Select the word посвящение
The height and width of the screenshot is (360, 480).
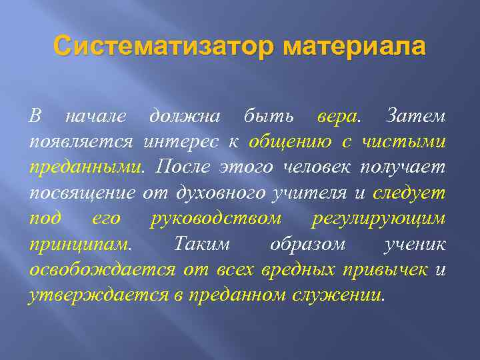coord(83,193)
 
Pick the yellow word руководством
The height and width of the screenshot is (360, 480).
coord(216,219)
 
